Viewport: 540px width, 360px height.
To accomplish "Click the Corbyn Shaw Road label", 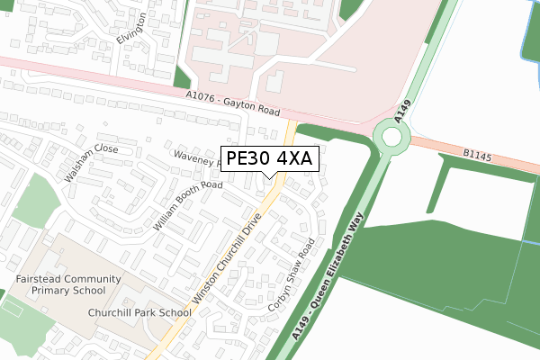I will [x=292, y=275].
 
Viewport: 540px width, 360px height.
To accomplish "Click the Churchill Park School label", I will [x=139, y=313].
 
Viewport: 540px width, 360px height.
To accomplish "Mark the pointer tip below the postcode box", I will [x=269, y=177].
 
